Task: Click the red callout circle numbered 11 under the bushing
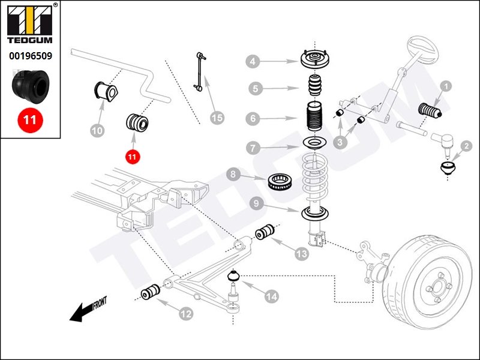click(132, 157)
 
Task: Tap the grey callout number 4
click(253, 61)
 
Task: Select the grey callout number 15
click(217, 118)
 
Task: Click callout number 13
click(301, 254)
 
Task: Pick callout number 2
click(466, 145)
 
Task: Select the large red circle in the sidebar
click(29, 119)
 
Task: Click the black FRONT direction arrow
click(78, 313)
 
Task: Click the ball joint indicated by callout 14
click(235, 278)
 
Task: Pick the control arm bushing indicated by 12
click(149, 293)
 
